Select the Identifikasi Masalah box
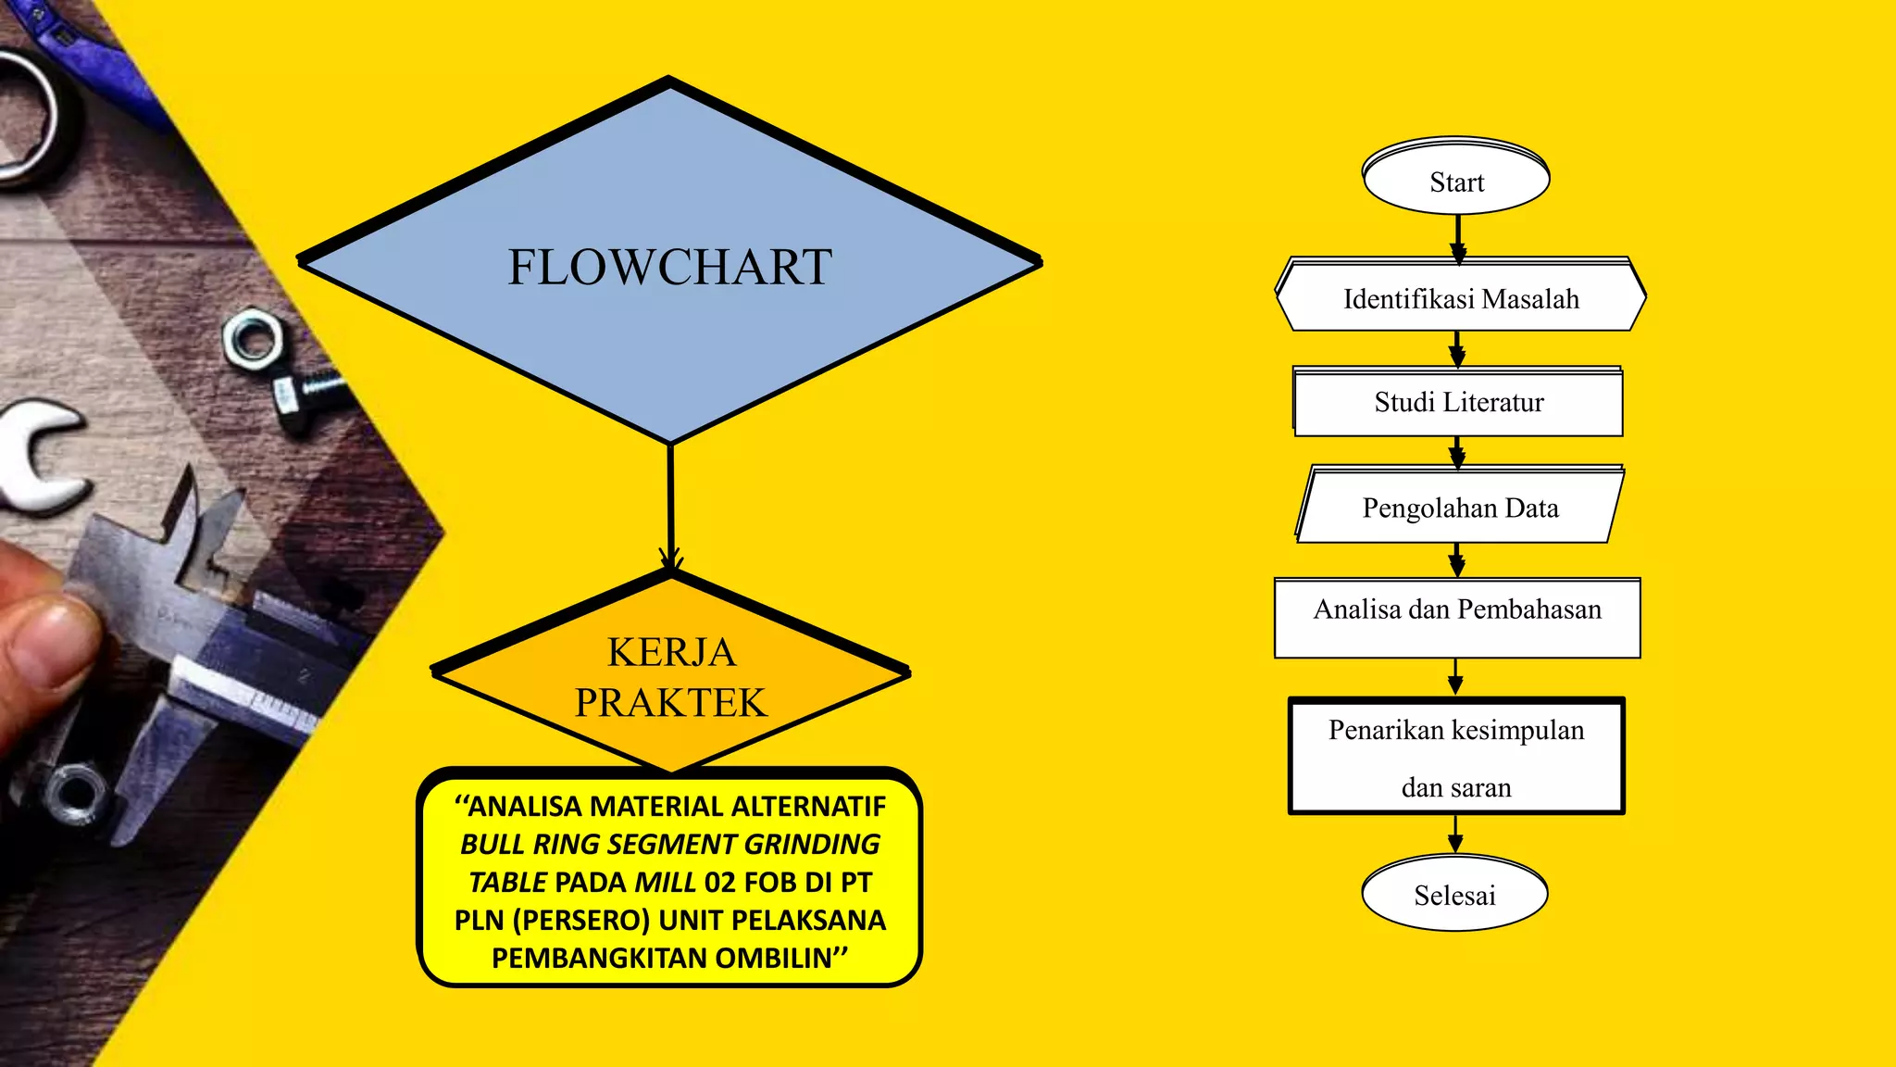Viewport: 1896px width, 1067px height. pos(1461,297)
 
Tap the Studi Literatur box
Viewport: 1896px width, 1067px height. pos(1458,402)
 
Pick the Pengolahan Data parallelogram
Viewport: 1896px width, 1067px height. pos(1460,507)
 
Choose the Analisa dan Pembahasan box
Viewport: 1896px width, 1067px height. pos(1457,618)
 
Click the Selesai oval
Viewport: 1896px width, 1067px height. pos(1454,894)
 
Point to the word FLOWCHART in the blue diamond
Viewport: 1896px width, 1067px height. pos(670,267)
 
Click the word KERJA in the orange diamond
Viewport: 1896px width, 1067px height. pos(671,652)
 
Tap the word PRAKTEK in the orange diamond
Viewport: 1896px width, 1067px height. pos(670,702)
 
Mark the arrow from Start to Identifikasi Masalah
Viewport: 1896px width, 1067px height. pos(1458,237)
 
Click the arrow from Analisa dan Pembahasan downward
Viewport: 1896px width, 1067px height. pos(1455,677)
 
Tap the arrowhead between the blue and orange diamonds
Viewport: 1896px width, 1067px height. pos(671,559)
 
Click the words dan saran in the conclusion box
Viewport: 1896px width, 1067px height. pos(1455,787)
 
